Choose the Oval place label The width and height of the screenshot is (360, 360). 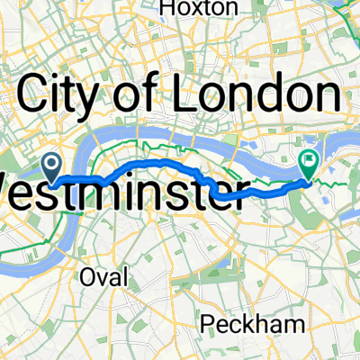tap(107, 274)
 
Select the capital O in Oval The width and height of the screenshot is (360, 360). tap(91, 274)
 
